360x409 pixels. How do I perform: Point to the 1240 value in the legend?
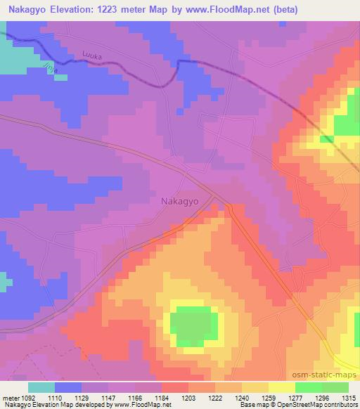243,397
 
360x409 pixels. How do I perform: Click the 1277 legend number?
295,397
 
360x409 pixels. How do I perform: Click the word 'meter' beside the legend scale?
11,397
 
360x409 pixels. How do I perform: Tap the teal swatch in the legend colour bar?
41,387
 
